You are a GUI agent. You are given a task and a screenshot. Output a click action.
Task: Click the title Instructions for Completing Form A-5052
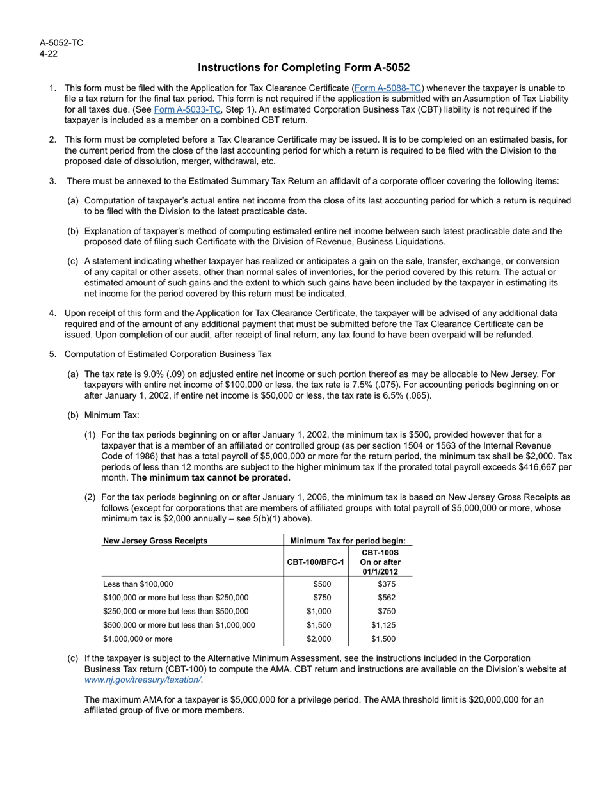(303, 67)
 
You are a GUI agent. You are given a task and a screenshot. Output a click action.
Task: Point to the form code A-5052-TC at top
(61, 43)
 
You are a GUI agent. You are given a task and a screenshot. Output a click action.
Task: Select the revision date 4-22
(49, 53)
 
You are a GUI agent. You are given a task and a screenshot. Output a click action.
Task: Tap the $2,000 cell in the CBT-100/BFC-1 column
(319, 639)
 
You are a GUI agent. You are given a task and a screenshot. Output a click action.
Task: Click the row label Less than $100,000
(138, 584)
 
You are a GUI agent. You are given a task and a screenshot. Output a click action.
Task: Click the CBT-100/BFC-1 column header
(316, 562)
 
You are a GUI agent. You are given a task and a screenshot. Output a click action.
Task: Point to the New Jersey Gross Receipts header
(155, 541)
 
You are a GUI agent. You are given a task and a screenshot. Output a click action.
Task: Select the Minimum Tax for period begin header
(348, 541)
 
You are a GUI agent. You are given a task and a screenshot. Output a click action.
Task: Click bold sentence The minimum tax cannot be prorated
(211, 477)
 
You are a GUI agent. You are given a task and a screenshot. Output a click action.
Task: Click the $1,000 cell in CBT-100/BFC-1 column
(319, 611)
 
